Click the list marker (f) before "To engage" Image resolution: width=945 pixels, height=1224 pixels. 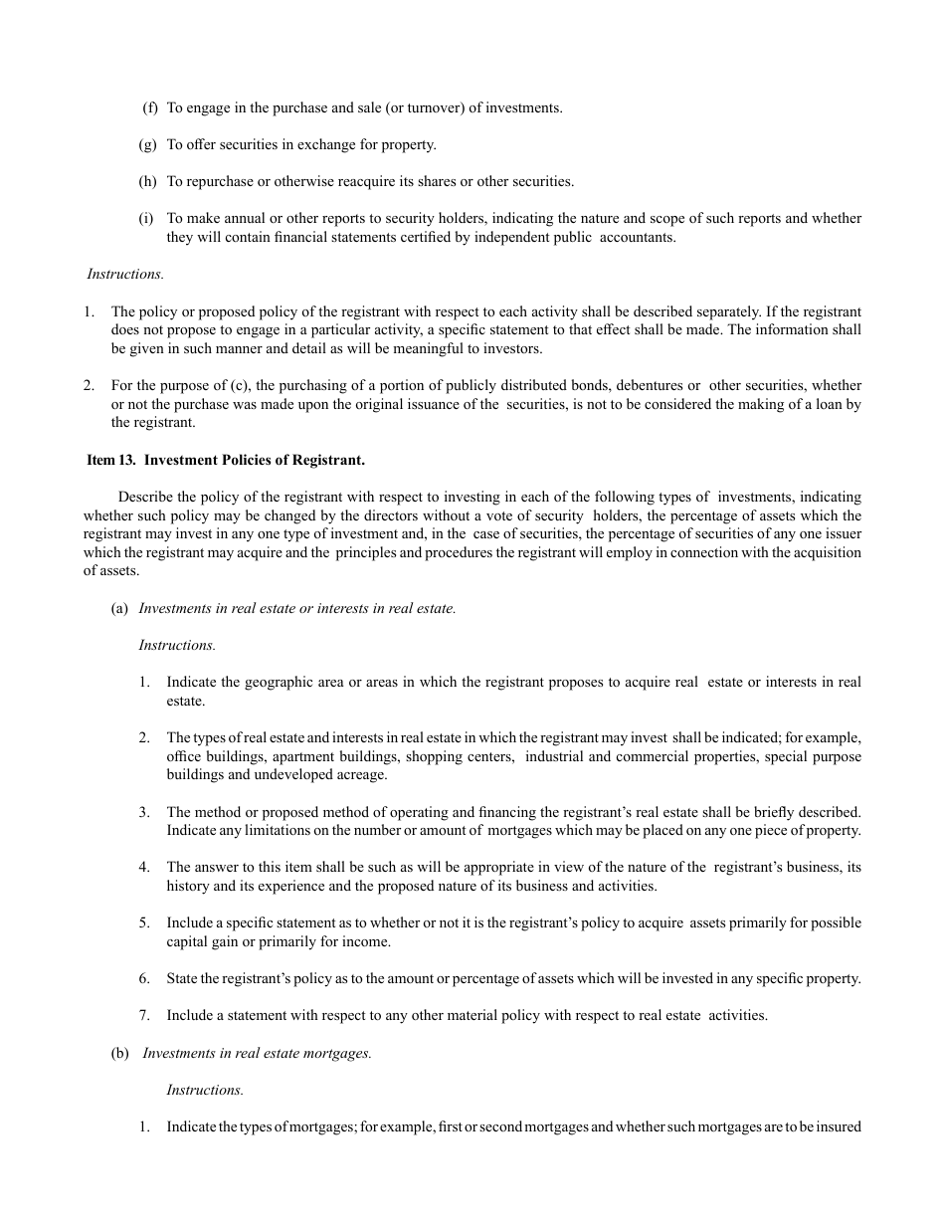point(148,107)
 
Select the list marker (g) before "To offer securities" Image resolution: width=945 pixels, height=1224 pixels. point(148,144)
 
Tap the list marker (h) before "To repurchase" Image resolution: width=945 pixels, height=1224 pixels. point(148,181)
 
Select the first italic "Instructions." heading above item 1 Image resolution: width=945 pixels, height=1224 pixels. point(125,274)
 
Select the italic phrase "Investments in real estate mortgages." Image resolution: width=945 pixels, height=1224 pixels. point(258,1053)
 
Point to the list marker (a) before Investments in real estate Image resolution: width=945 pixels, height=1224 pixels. point(119,608)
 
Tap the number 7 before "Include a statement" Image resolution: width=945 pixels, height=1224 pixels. point(144,1015)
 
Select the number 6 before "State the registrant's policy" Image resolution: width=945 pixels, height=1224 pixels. point(144,978)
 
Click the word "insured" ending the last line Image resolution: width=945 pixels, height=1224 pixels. point(838,1126)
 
